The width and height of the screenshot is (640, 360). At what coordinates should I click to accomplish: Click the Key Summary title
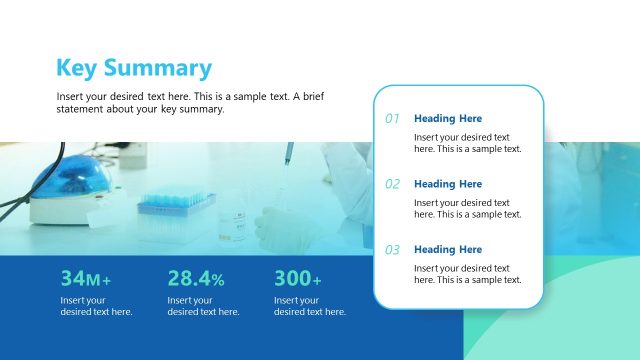(134, 68)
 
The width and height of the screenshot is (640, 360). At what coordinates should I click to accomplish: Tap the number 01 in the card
(392, 119)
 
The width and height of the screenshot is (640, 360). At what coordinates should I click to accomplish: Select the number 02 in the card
(392, 184)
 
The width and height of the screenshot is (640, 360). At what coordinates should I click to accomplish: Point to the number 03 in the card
(392, 250)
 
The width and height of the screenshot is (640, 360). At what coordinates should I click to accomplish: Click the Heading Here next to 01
(447, 119)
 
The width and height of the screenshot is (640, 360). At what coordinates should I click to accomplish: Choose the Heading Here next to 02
(447, 184)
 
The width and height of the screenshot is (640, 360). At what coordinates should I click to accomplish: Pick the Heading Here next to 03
(447, 250)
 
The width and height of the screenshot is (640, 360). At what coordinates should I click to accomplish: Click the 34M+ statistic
(86, 279)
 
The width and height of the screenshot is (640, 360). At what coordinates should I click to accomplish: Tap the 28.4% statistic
(196, 279)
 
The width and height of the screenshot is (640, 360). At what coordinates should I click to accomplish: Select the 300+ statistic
(298, 279)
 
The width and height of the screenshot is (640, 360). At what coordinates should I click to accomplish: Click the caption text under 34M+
(96, 306)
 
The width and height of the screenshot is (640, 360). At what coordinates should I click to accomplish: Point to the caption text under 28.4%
(203, 306)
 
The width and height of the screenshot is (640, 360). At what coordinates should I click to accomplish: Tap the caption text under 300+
(310, 306)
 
